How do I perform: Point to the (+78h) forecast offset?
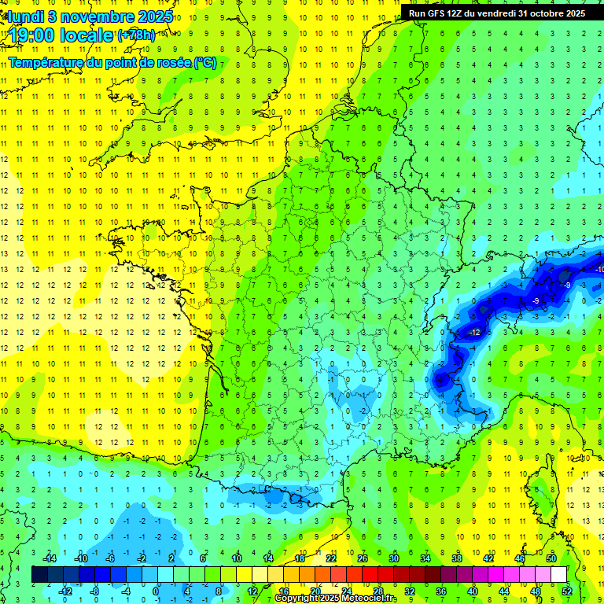[136, 35]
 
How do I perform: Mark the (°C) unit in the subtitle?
[204, 62]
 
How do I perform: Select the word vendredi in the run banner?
[492, 13]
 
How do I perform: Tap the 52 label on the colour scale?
[567, 591]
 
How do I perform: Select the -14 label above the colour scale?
[50, 558]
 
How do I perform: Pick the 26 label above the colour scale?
[363, 558]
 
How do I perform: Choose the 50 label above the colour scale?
[551, 558]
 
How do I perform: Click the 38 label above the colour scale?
[457, 558]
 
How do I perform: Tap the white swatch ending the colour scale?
[559, 574]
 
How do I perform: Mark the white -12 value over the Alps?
[473, 333]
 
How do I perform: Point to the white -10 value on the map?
[599, 270]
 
